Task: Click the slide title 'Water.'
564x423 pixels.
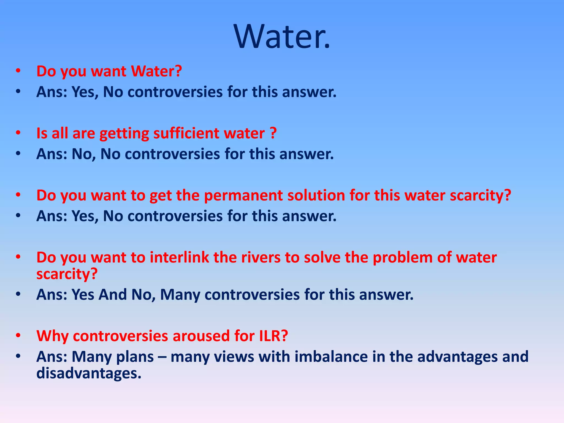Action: tap(282, 36)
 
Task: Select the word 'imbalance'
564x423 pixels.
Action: tap(331, 357)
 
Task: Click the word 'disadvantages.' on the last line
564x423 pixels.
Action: tap(89, 373)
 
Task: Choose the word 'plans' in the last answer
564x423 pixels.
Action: tap(135, 357)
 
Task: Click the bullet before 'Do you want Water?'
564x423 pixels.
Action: tap(18, 71)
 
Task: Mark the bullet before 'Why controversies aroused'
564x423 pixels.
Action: tap(18, 336)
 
